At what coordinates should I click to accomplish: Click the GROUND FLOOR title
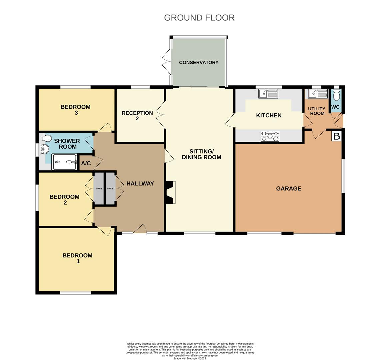point(199,18)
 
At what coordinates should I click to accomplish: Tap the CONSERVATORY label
point(199,62)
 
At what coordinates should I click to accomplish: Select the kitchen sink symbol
point(268,94)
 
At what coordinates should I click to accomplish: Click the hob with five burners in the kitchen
point(270,136)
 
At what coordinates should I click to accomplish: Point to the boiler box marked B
point(337,136)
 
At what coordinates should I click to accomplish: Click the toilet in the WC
point(336,96)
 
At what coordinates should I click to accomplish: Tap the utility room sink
point(318,94)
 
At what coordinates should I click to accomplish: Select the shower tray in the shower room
point(64,162)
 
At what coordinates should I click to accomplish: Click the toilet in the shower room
point(46,138)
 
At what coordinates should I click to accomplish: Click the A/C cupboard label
point(86,163)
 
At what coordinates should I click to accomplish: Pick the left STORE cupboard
point(99,189)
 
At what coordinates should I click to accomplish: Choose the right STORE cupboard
point(110,189)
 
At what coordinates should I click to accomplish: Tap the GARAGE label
point(288,188)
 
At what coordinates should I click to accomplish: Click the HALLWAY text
point(140,183)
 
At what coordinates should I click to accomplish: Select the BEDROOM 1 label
point(77,258)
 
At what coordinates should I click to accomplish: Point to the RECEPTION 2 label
point(137,116)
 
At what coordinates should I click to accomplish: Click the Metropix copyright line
point(190,358)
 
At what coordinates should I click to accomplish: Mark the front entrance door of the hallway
point(140,230)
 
